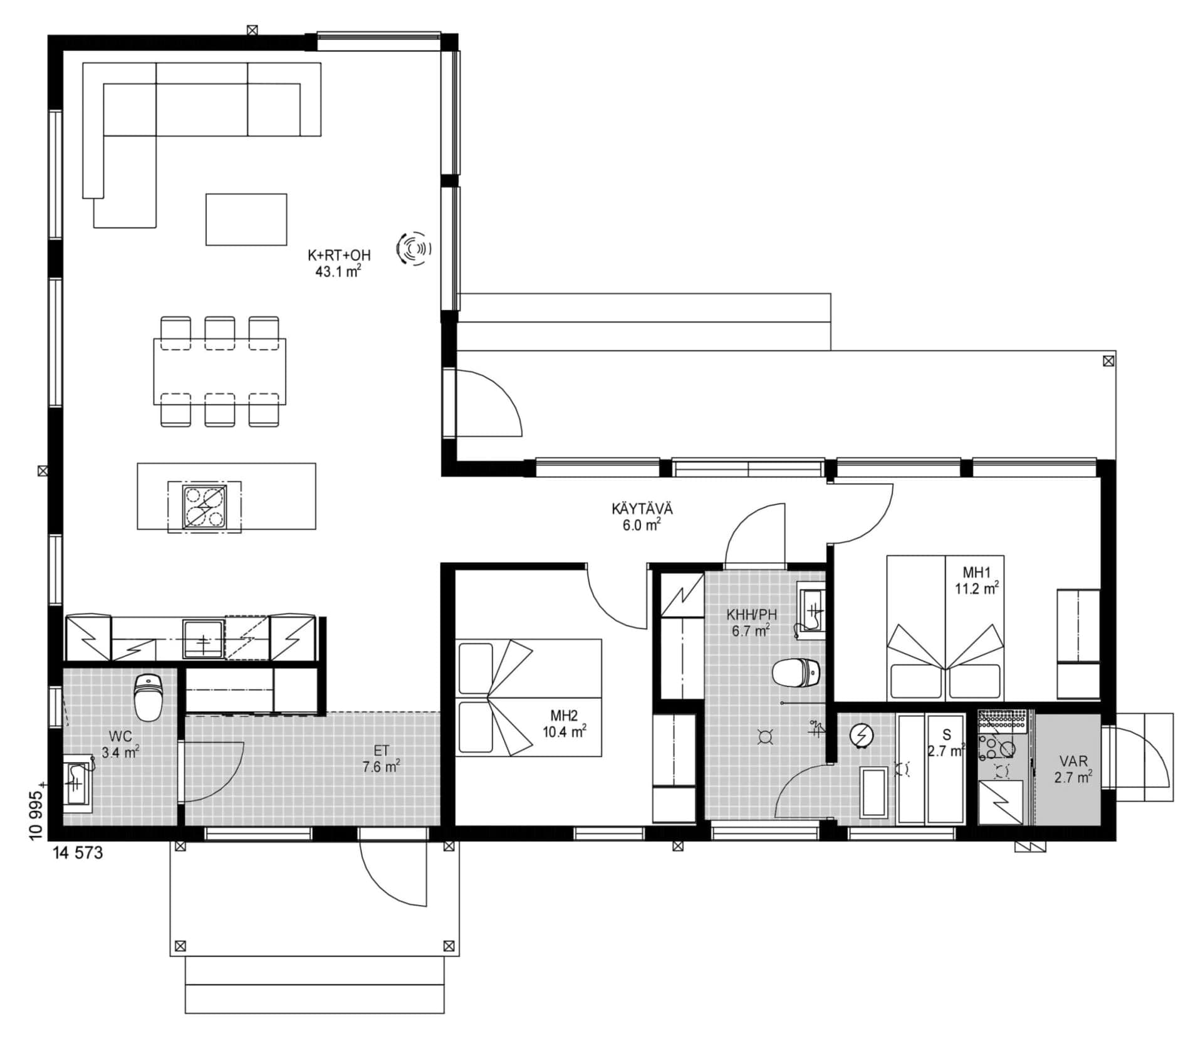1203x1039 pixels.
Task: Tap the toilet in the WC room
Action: point(148,697)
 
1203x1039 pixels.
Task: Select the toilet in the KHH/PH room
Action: point(795,673)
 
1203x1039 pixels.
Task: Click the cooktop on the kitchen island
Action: point(204,506)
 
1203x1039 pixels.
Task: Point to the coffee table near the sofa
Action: point(246,219)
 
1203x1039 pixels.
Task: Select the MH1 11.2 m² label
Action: point(976,580)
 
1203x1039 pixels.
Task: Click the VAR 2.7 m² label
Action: point(1073,769)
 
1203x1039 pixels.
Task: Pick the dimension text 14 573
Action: point(78,853)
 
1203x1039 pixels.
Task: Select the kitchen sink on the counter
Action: point(203,639)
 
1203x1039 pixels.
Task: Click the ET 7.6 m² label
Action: point(381,758)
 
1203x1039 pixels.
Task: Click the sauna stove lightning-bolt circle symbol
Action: point(862,735)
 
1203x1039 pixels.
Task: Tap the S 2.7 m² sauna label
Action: point(946,743)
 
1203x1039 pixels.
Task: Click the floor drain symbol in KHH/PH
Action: point(764,737)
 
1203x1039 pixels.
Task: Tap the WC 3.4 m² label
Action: point(120,743)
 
